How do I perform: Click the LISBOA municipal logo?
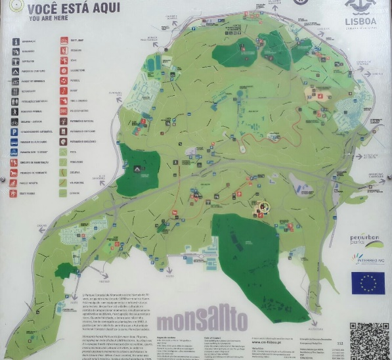360,13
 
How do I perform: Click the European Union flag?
368,282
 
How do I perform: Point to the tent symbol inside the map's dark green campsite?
137,169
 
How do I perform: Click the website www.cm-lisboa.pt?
269,342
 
